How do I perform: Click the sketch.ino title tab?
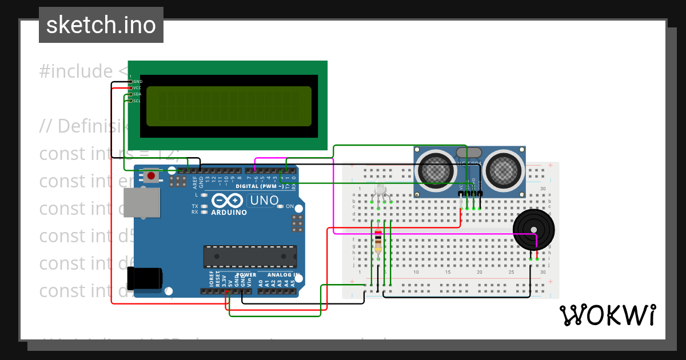click(101, 25)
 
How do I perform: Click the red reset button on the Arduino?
click(151, 175)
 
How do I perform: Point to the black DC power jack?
click(143, 278)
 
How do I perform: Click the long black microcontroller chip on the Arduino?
click(250, 257)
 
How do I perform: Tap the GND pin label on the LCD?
click(137, 82)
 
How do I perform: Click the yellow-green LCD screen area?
click(229, 106)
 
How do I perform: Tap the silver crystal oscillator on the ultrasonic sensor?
click(469, 152)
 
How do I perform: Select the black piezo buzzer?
click(533, 230)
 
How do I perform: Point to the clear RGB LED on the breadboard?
click(378, 191)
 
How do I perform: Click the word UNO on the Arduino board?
click(265, 201)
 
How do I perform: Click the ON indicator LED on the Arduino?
click(280, 206)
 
